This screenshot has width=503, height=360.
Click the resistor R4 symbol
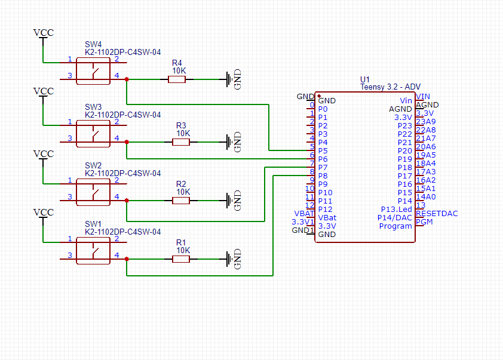(x=177, y=79)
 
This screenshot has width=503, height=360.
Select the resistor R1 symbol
(x=181, y=259)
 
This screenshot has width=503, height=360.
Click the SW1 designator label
(x=93, y=224)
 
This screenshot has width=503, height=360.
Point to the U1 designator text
(x=365, y=79)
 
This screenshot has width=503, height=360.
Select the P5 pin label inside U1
(x=323, y=151)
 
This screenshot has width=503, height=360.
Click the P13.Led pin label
(x=397, y=210)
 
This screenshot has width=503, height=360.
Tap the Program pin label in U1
(x=395, y=226)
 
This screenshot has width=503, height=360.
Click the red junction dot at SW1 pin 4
(x=127, y=259)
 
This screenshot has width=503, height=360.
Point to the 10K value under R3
(x=183, y=134)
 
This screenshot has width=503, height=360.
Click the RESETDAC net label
(x=437, y=213)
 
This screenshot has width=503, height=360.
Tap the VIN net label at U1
(x=423, y=97)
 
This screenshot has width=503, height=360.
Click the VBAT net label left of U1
(x=304, y=213)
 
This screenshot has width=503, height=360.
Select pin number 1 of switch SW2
(x=69, y=180)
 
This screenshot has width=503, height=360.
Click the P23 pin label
(x=404, y=126)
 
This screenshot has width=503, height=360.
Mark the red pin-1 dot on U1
(x=318, y=96)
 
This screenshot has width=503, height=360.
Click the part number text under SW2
(x=122, y=173)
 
